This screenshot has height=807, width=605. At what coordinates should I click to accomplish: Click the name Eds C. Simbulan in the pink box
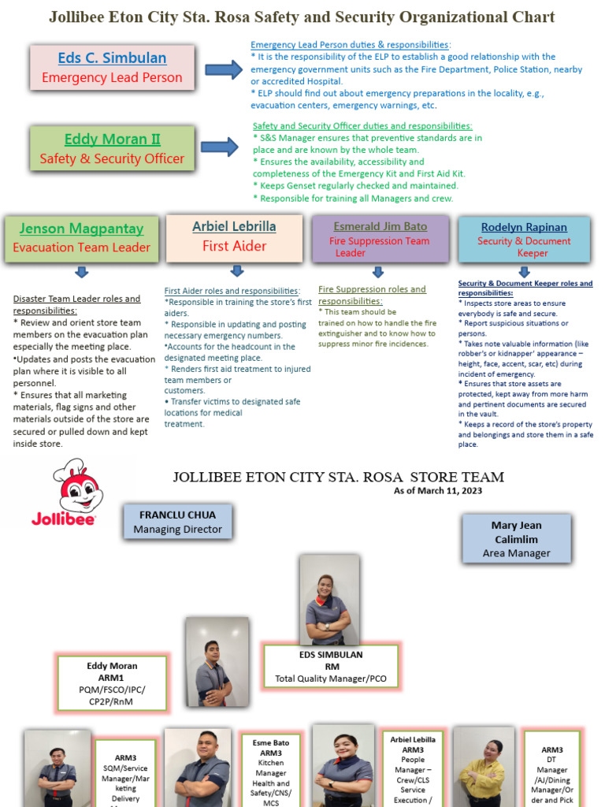[x=112, y=58]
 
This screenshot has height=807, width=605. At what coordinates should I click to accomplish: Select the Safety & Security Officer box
[x=112, y=149]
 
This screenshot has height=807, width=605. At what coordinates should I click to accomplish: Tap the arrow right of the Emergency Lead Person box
[x=224, y=70]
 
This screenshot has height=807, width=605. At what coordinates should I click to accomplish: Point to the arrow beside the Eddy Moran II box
[x=219, y=147]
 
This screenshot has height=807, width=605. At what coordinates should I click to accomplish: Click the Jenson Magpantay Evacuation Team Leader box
[x=81, y=237]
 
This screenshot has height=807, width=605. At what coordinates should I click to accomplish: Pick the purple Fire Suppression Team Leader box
[x=380, y=239]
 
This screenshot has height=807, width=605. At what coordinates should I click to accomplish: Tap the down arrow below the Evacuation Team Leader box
[x=81, y=273]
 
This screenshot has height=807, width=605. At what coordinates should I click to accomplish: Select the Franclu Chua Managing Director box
[x=177, y=523]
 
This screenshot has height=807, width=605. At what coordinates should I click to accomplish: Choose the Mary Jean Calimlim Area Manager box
[x=516, y=539]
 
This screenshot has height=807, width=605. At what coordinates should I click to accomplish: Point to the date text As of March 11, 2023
[x=438, y=491]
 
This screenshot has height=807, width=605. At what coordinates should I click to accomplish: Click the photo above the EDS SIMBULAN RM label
[x=328, y=599]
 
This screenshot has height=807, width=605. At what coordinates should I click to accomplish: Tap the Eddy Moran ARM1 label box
[x=112, y=683]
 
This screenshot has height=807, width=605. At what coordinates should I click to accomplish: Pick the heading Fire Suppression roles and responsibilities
[x=372, y=295]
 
